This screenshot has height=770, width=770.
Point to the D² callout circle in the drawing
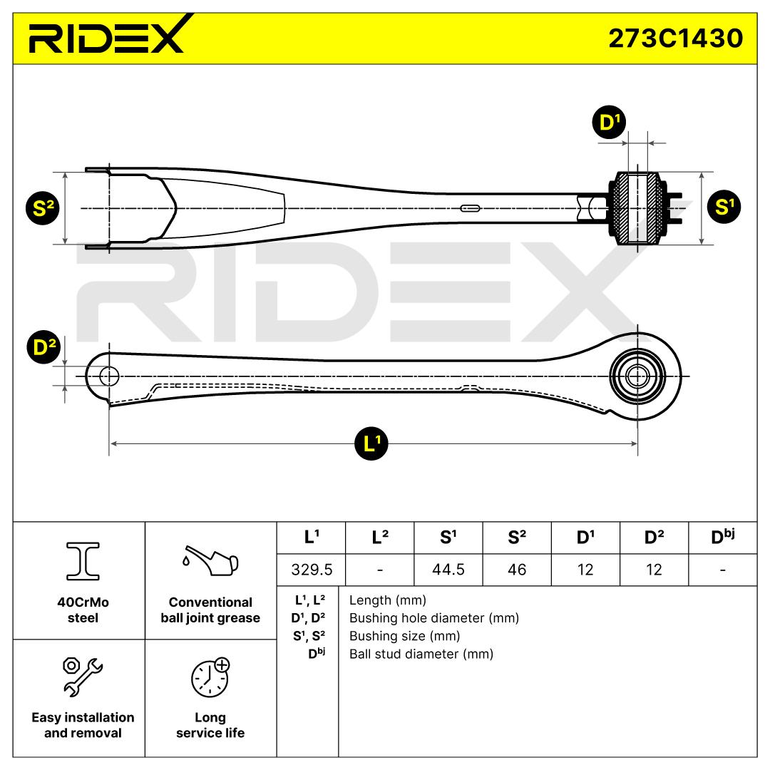(45, 347)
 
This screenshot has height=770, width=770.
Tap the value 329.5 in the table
(310, 569)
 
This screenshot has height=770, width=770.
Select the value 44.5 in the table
(448, 569)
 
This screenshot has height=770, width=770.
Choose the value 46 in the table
(517, 569)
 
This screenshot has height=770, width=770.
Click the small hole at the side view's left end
(109, 376)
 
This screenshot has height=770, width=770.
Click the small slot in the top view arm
(471, 208)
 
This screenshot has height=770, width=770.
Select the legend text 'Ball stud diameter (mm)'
(421, 654)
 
